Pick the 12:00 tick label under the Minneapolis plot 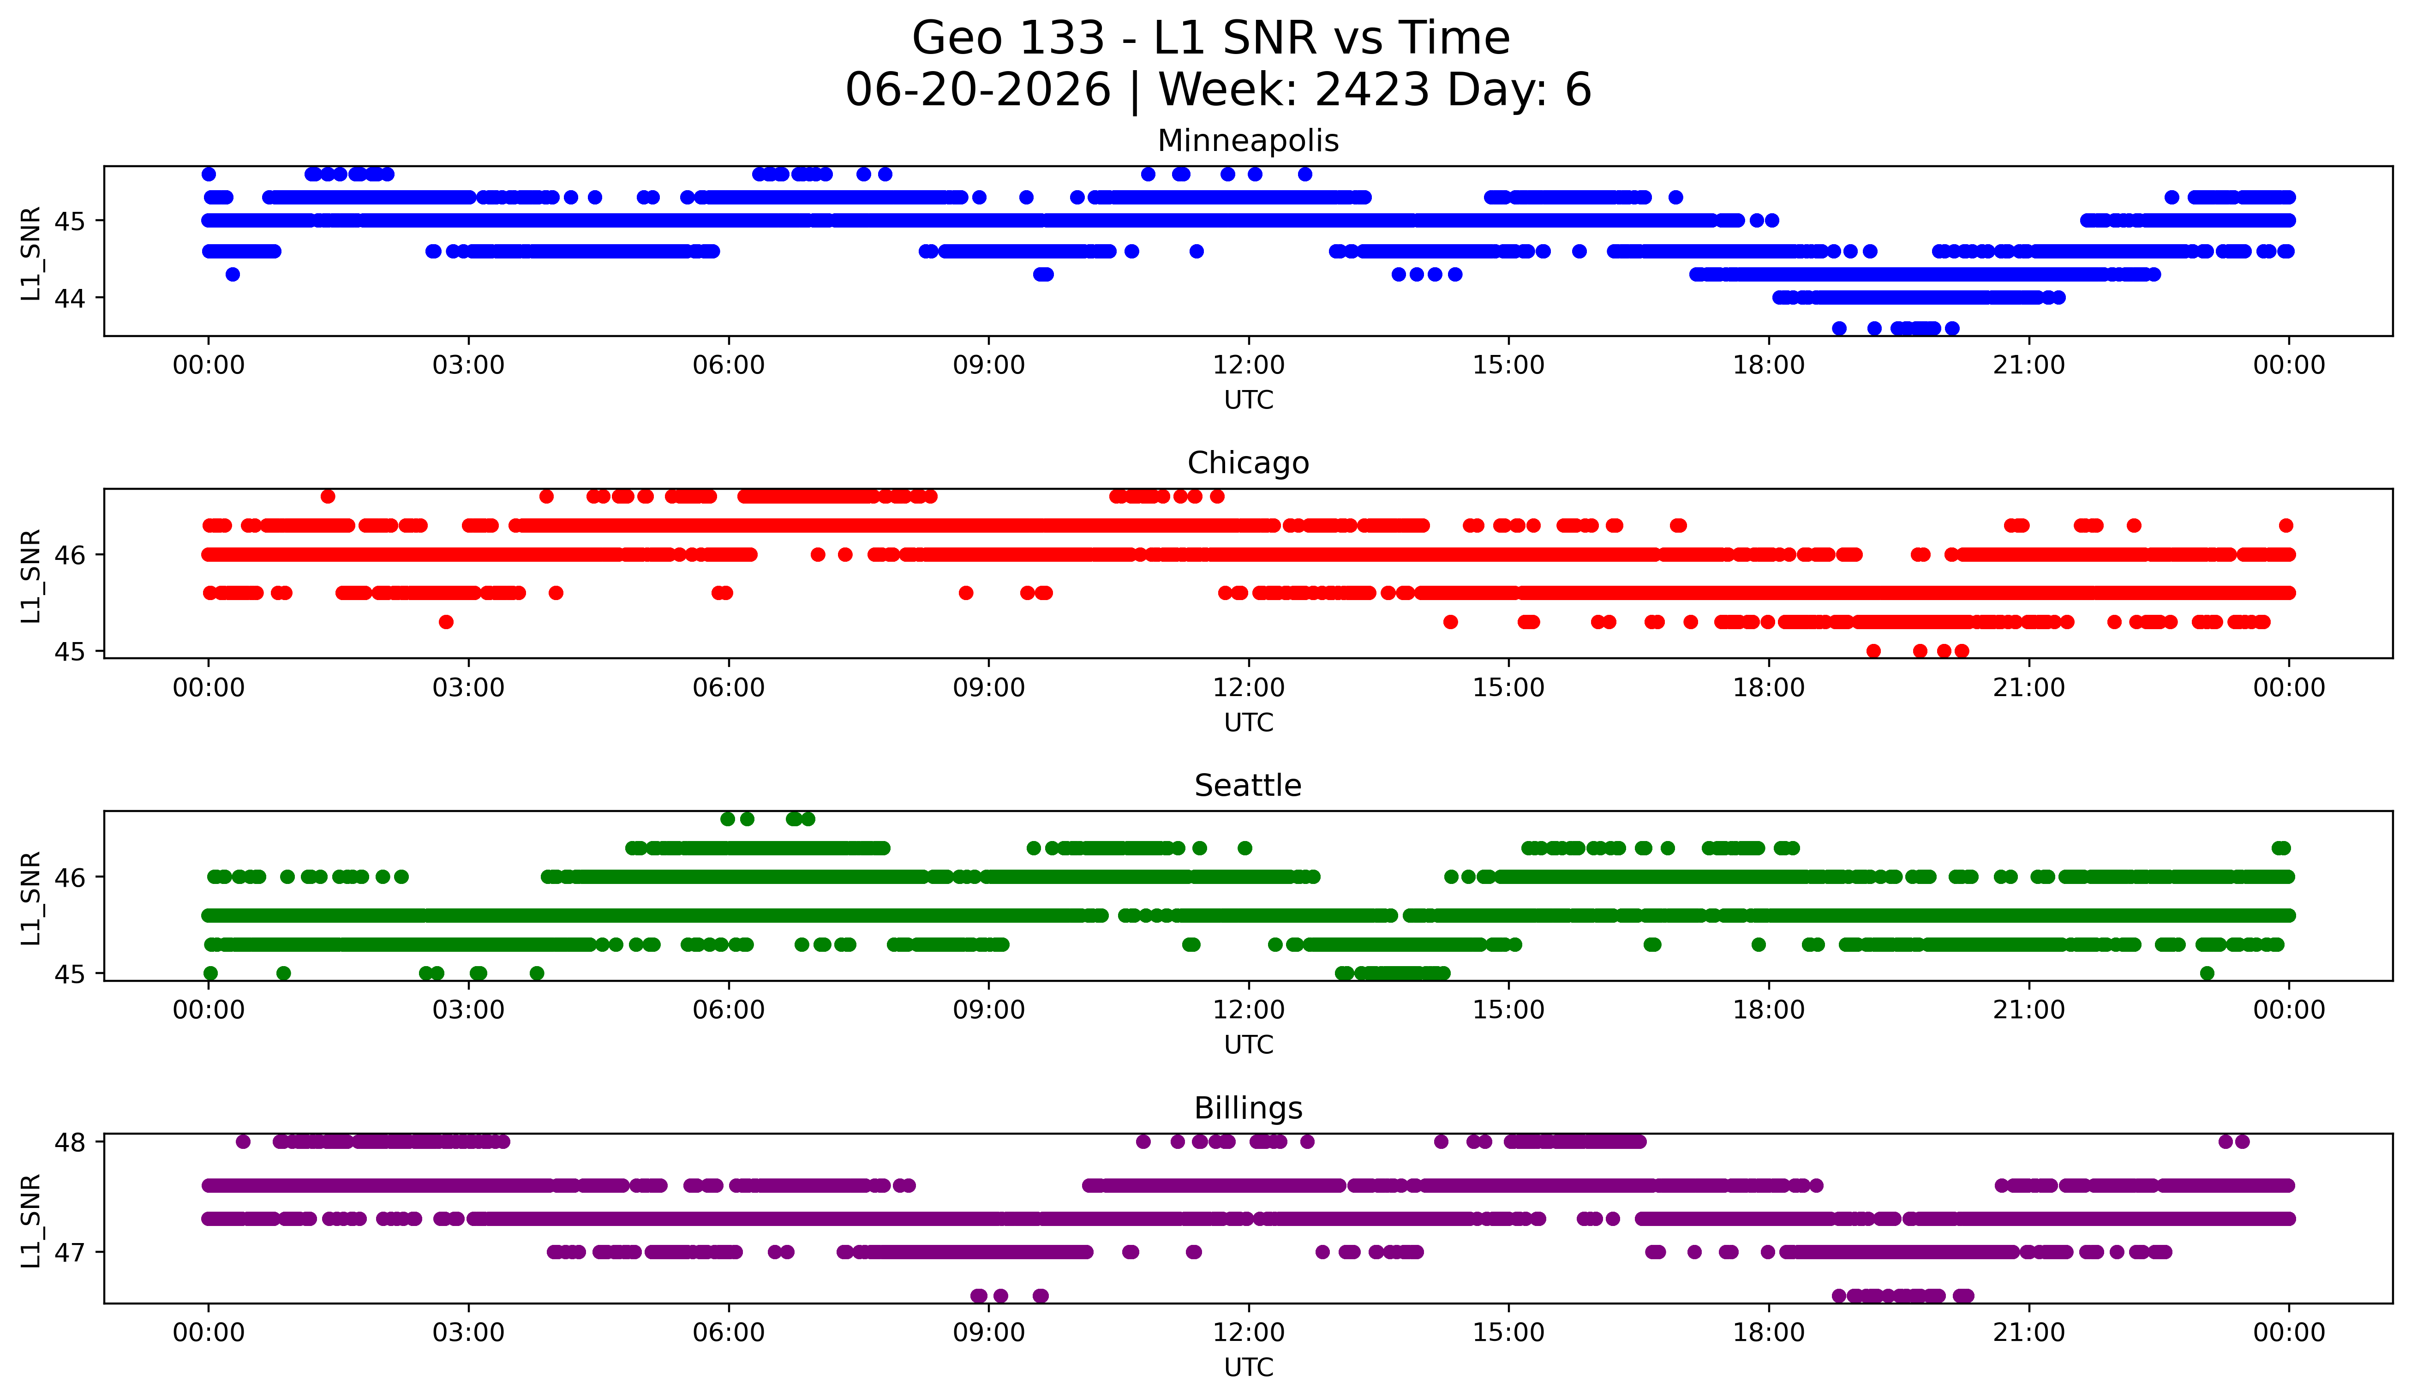pyautogui.click(x=1249, y=366)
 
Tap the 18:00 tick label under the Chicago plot pyautogui.click(x=1769, y=688)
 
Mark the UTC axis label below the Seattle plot pyautogui.click(x=1249, y=1045)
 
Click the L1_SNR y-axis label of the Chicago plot pyautogui.click(x=30, y=576)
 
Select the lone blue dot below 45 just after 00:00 pyautogui.click(x=233, y=275)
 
